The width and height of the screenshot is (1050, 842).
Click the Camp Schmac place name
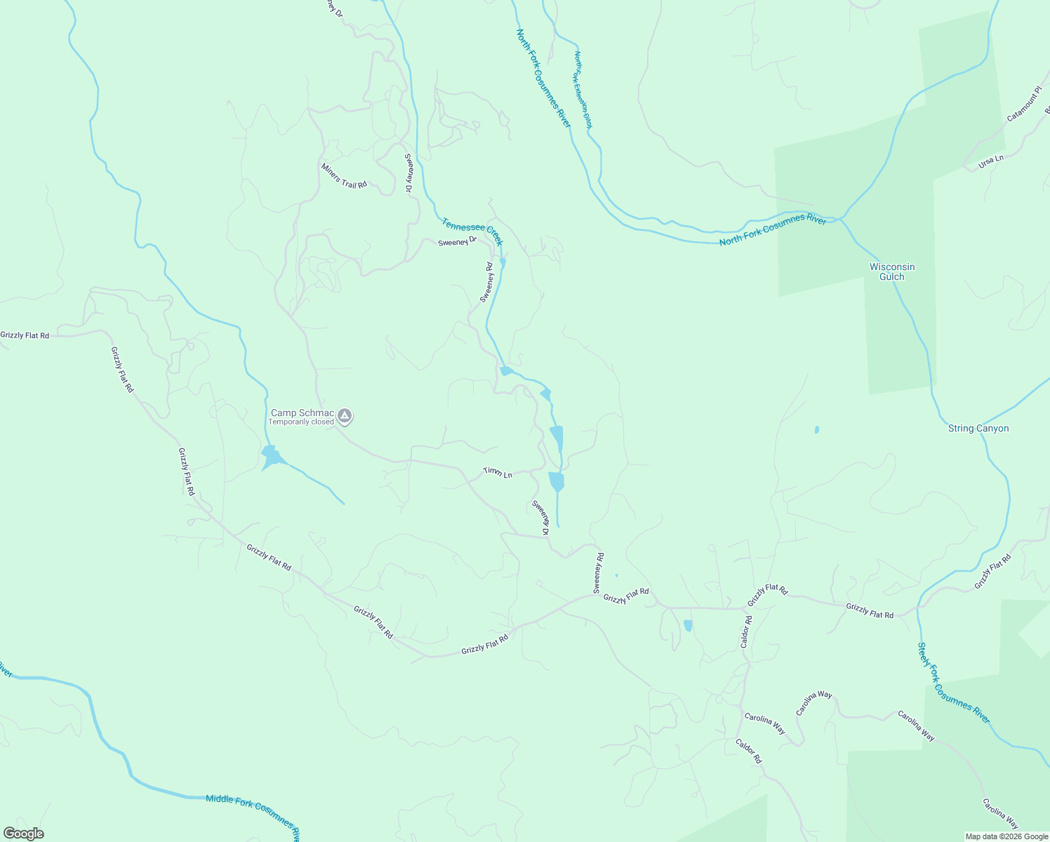point(303,413)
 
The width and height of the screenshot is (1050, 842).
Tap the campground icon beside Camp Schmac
point(345,416)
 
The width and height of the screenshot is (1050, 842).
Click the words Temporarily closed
point(301,422)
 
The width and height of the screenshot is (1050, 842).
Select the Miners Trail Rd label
point(344,175)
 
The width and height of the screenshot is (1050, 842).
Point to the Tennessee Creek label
point(472,232)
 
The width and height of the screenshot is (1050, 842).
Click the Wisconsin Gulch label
point(892,272)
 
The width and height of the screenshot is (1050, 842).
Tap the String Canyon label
point(978,428)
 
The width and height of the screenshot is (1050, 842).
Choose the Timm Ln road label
point(498,474)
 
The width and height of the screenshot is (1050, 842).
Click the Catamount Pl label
point(1023,105)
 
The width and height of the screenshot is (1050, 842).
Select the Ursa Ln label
point(991,162)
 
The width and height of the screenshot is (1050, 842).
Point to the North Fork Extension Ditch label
point(583,89)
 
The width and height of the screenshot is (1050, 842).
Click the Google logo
point(23,834)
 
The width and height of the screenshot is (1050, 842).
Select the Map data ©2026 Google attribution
point(1006,836)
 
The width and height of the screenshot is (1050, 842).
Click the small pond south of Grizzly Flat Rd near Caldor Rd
point(688,625)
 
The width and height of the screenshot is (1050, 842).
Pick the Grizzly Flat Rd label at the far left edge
point(25,335)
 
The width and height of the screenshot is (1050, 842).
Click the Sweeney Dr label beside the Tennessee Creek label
point(457,242)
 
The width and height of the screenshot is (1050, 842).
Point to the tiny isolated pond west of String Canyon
point(816,429)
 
